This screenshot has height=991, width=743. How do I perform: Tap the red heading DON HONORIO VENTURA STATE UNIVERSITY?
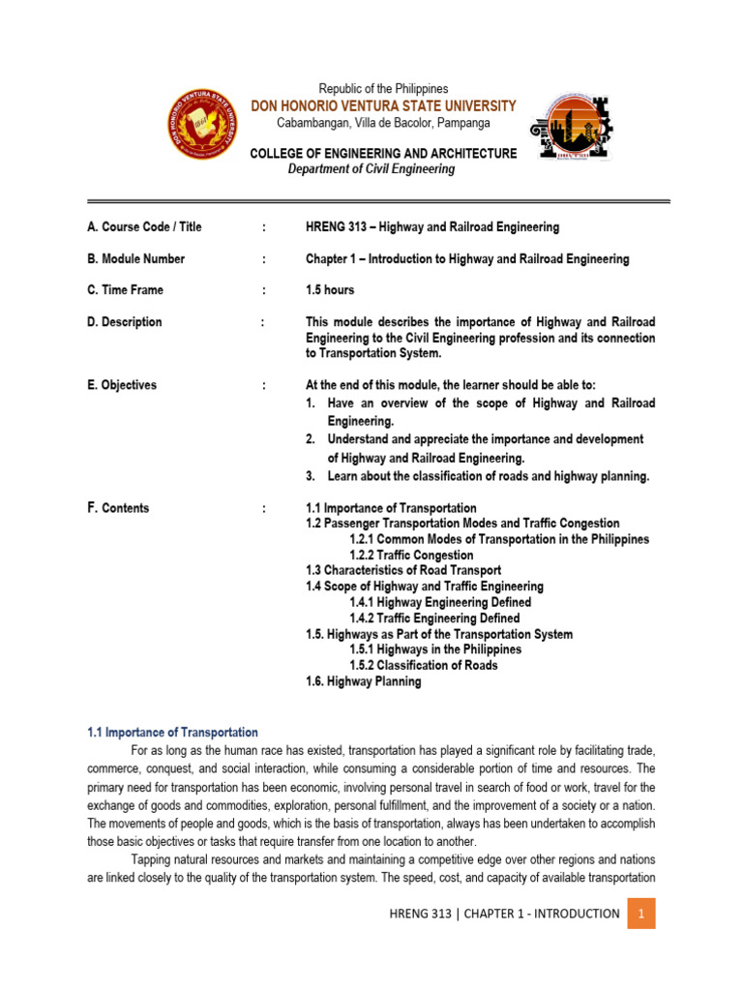click(383, 105)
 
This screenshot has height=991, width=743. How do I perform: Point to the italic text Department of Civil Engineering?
click(371, 169)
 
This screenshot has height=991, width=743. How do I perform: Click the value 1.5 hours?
click(330, 290)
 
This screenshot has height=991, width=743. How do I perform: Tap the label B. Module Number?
click(135, 259)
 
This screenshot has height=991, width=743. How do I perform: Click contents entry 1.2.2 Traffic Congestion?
click(411, 556)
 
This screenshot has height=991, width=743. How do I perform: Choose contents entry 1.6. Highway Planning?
click(364, 681)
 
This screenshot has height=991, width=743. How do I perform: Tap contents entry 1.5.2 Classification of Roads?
click(424, 665)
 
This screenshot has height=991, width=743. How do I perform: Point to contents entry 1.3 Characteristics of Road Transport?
click(403, 571)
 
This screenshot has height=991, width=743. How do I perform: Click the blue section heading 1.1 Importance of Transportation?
click(173, 733)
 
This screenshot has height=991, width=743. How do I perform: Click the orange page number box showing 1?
click(640, 914)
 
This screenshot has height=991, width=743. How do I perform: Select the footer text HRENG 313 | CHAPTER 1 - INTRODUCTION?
click(504, 914)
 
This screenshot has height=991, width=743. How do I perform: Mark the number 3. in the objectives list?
click(312, 476)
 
